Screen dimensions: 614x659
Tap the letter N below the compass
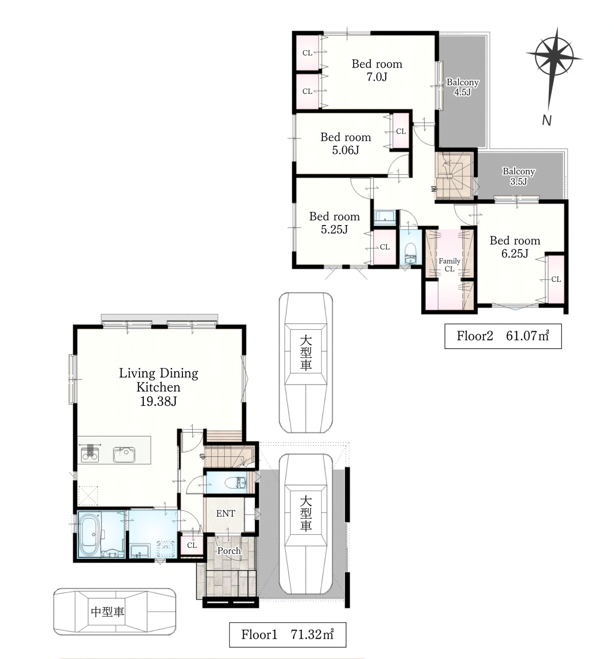(x=546, y=120)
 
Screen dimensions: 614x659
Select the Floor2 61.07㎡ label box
(x=503, y=336)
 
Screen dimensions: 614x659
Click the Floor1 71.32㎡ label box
(x=287, y=635)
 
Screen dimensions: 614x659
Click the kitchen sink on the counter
(x=124, y=455)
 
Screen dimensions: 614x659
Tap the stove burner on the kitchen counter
(x=90, y=454)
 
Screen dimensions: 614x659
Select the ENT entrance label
(x=226, y=514)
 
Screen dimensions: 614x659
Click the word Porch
(x=229, y=550)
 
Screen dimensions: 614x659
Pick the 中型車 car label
(x=108, y=612)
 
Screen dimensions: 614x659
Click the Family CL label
(x=450, y=265)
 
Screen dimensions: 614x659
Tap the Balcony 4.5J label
(x=462, y=87)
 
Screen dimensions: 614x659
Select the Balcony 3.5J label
(x=519, y=176)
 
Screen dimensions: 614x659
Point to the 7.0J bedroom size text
(x=377, y=77)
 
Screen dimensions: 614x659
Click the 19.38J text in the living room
(x=159, y=402)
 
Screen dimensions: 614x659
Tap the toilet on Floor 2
(x=411, y=253)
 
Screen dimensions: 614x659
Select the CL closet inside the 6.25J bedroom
(x=555, y=279)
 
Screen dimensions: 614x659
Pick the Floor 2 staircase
(x=455, y=176)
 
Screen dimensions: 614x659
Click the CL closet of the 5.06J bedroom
(x=401, y=131)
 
